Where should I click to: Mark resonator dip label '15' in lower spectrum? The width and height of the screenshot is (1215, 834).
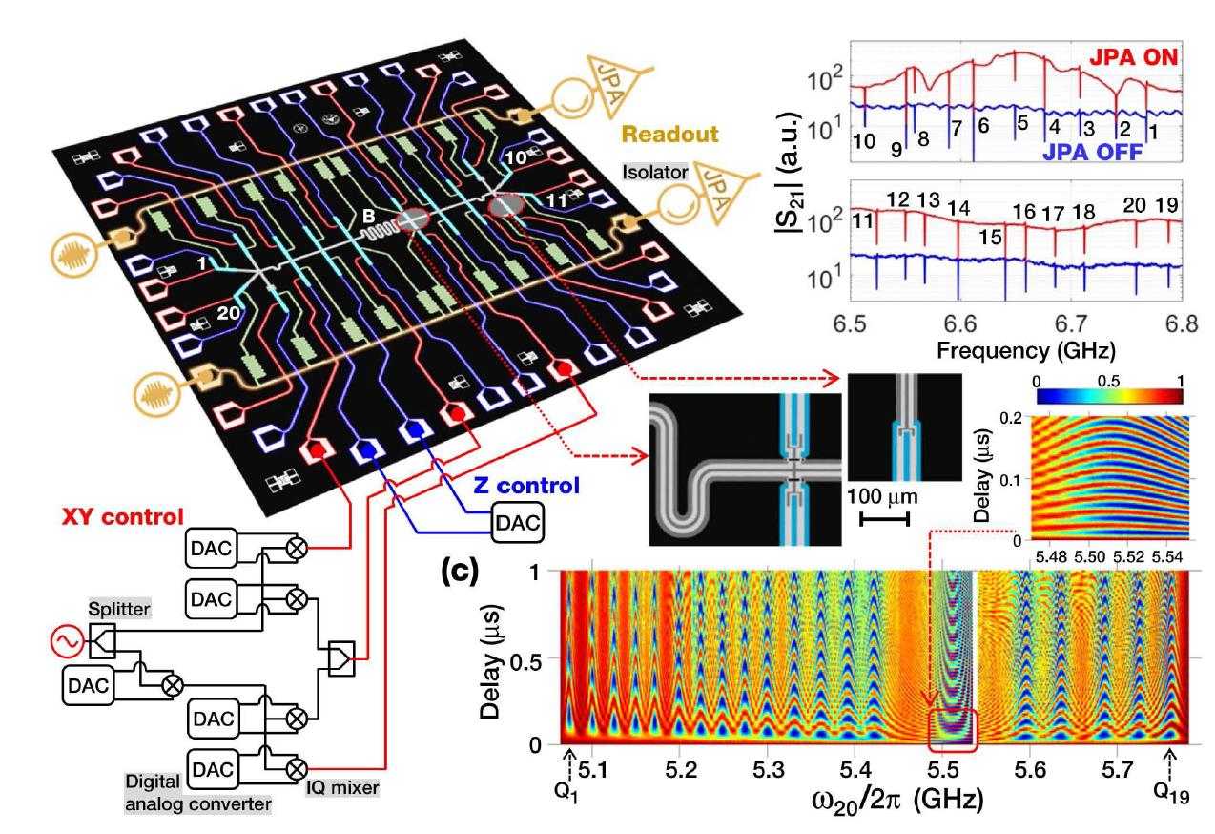(x=989, y=236)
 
